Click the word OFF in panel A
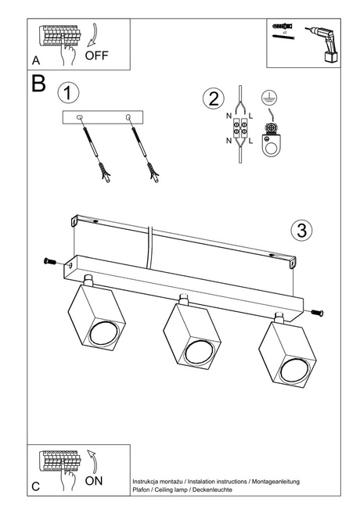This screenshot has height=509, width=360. [96, 56]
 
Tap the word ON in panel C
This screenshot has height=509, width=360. [94, 481]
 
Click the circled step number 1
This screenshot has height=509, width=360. [68, 93]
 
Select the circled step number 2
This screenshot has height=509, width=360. [214, 99]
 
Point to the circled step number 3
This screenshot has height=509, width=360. [301, 230]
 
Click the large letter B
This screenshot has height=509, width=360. [38, 84]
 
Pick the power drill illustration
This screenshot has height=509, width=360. [324, 44]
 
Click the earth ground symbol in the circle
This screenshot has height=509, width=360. [269, 98]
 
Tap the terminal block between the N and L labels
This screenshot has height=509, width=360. [240, 128]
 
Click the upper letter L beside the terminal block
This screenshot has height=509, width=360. [251, 116]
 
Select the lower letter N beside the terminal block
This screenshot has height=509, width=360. [229, 141]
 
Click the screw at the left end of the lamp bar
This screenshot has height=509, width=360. [50, 261]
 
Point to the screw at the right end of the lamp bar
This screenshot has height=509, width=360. [317, 313]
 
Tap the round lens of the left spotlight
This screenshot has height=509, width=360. [103, 333]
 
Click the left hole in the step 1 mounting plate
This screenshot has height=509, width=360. [80, 117]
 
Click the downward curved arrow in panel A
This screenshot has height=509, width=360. [92, 35]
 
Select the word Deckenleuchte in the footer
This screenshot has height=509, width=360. [212, 489]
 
